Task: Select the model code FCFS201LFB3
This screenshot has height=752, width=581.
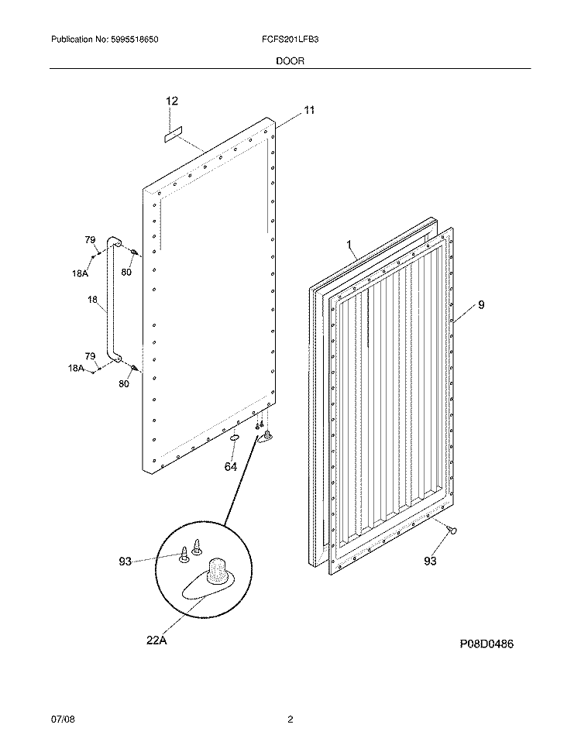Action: click(288, 39)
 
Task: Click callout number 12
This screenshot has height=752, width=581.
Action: click(172, 101)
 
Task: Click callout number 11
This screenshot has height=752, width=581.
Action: click(309, 111)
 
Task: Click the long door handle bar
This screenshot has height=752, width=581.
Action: click(108, 302)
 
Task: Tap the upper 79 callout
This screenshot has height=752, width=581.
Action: click(89, 240)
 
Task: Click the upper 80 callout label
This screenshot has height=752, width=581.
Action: click(126, 272)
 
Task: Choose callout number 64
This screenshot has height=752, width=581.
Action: click(230, 466)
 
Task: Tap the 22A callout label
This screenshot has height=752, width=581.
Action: click(156, 640)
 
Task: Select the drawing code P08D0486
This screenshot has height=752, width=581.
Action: click(486, 644)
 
